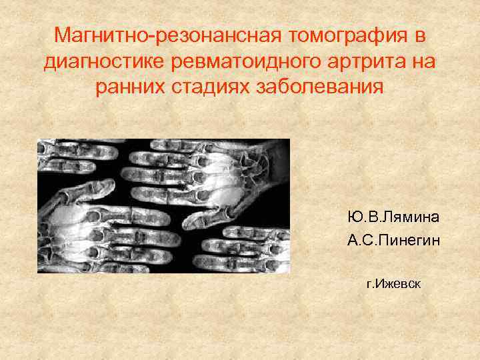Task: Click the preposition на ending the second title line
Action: [x=425, y=61]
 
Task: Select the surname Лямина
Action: [x=414, y=217]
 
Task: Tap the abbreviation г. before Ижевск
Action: [x=370, y=284]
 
